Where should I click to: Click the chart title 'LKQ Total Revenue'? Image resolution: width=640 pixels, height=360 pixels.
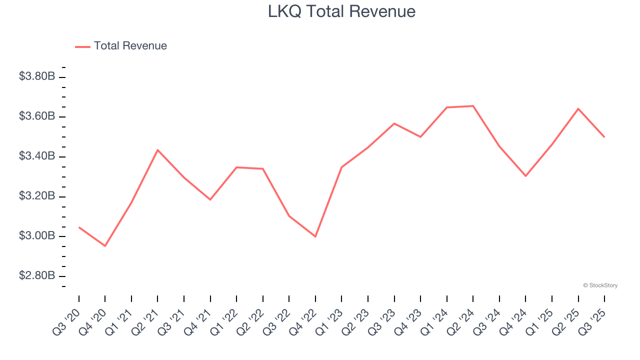pos(341,11)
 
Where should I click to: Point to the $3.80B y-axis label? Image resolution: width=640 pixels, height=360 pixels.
pos(37,76)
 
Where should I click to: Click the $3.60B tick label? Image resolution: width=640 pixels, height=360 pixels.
pos(37,116)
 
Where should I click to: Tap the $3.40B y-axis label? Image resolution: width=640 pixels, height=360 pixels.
pos(37,156)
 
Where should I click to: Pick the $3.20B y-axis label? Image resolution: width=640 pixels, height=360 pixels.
pos(37,196)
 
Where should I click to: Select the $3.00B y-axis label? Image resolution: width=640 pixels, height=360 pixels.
pos(37,236)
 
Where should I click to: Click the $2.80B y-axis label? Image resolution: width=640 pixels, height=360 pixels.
pos(37,276)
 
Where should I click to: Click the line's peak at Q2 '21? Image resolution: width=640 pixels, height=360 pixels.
pos(157,150)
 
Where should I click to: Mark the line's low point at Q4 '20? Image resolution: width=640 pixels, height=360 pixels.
pos(105,246)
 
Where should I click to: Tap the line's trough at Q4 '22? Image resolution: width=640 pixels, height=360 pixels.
pos(315,236)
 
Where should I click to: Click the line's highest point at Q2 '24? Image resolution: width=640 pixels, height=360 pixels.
pos(473,106)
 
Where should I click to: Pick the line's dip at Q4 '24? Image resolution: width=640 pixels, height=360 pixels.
pos(525,176)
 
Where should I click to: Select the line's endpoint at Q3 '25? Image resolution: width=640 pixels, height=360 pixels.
pos(604,137)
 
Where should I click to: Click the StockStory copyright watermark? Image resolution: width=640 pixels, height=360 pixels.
pos(600,285)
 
